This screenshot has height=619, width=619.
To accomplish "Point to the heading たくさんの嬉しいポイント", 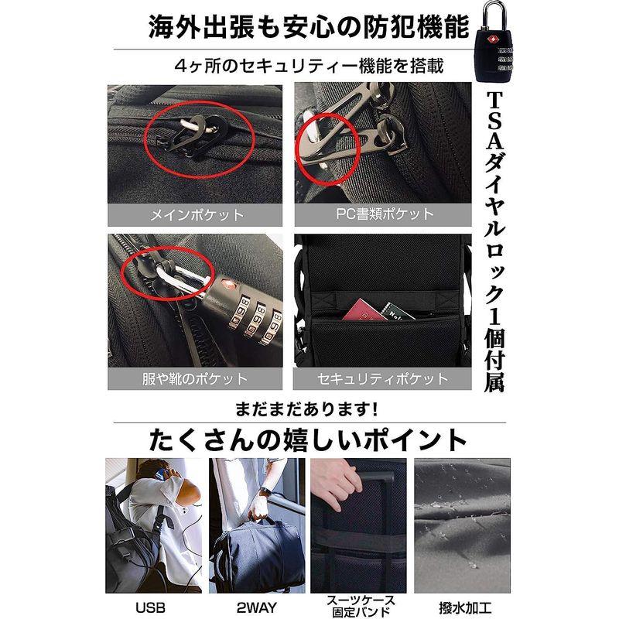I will point(309,439).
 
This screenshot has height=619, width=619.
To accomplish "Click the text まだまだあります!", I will point(309,409).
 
